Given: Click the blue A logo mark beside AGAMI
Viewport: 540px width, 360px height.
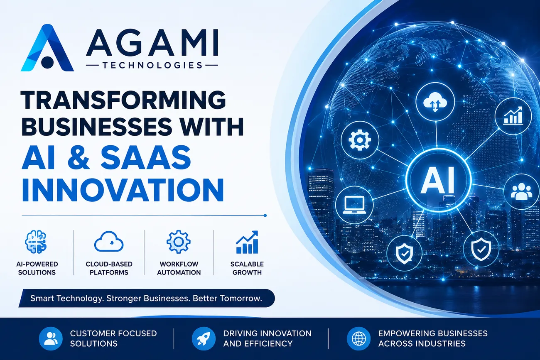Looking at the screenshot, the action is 47,48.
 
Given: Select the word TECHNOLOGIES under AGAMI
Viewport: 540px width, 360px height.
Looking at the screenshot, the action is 152,65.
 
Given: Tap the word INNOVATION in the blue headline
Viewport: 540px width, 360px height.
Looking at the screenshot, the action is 123,190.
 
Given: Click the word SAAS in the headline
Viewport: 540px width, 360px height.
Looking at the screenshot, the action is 146,158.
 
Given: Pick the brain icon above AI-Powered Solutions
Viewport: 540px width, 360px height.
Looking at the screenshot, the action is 36,242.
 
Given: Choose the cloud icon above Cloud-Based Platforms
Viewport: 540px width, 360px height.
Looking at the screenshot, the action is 109,241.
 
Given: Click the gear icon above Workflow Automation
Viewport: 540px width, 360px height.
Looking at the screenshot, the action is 178,242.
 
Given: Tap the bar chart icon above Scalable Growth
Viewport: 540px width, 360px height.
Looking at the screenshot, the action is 247,242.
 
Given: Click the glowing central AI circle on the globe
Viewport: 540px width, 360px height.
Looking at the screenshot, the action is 438,180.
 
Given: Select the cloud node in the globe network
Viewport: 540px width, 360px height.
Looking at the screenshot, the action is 435,102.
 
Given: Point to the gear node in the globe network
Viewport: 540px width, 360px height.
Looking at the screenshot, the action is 360,140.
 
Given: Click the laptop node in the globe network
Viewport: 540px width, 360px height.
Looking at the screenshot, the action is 354,205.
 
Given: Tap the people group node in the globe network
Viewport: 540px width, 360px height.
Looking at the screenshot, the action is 521,191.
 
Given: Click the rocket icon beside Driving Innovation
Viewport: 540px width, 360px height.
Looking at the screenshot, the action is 204,338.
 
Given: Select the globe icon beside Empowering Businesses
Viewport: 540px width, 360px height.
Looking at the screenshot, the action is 358,338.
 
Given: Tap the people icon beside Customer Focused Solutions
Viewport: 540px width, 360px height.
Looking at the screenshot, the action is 51,338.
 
